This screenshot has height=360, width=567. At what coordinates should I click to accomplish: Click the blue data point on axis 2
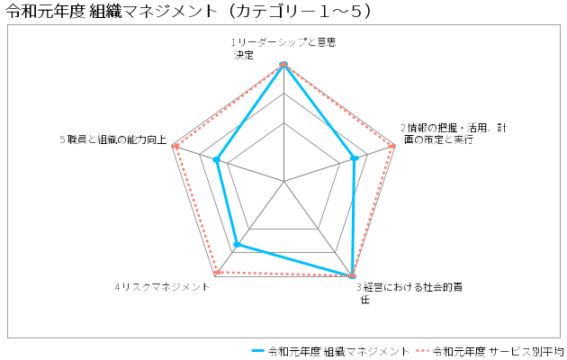point(355,158)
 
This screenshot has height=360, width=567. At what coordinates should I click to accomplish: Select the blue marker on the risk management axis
point(237,245)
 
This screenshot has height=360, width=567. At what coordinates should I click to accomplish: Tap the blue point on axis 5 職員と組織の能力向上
point(216,159)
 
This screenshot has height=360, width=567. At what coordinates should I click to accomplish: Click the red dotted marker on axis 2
point(391,146)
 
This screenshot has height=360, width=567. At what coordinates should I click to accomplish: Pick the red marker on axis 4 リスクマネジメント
point(217,273)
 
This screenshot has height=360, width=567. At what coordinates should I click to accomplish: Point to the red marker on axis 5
point(175,147)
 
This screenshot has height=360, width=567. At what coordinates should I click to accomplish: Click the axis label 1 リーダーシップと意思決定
point(283,49)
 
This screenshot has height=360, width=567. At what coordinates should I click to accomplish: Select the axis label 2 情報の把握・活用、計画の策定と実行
point(454,134)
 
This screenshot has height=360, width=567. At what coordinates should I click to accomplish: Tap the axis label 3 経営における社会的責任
point(409,293)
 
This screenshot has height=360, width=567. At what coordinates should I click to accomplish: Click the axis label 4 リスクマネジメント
point(162,287)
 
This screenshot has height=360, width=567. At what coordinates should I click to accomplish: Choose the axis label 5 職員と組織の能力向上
point(113,139)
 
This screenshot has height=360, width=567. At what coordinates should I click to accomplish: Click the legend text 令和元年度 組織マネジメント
point(338,351)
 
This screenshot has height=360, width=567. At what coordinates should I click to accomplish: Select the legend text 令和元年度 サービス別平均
point(499,351)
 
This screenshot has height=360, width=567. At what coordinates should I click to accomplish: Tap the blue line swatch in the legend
point(257,351)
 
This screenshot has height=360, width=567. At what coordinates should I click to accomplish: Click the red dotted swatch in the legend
point(422,351)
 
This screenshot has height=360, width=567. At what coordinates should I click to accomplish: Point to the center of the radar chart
point(283,181)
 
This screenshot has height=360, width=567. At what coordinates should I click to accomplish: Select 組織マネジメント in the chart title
point(152,12)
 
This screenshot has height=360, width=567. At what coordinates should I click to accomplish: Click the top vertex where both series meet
point(283,64)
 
